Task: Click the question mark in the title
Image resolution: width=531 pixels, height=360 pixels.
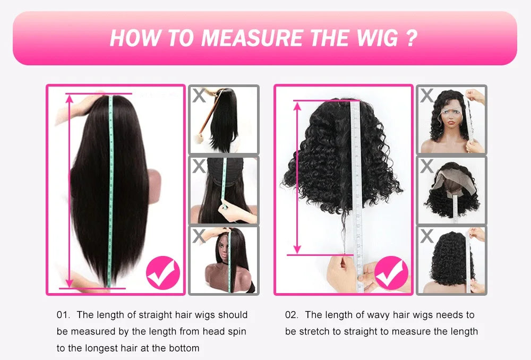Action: (x=411, y=39)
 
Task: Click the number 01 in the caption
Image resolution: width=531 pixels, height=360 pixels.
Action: (x=64, y=315)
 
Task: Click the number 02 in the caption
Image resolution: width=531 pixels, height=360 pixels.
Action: (x=292, y=315)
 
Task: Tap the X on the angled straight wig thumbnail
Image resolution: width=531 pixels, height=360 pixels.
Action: (x=199, y=96)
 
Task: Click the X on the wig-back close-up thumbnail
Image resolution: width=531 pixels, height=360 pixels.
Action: (x=199, y=166)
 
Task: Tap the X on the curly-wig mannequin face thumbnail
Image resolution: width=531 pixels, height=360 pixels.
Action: (x=426, y=96)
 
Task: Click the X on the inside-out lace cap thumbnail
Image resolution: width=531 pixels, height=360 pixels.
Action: (x=426, y=166)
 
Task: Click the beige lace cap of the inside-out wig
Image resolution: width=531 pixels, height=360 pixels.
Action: (x=446, y=183)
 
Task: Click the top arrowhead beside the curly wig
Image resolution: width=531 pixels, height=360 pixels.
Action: (x=297, y=106)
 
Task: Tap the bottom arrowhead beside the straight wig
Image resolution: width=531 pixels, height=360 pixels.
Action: (x=70, y=282)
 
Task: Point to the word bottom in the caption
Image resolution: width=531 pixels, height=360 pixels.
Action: (x=186, y=349)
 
